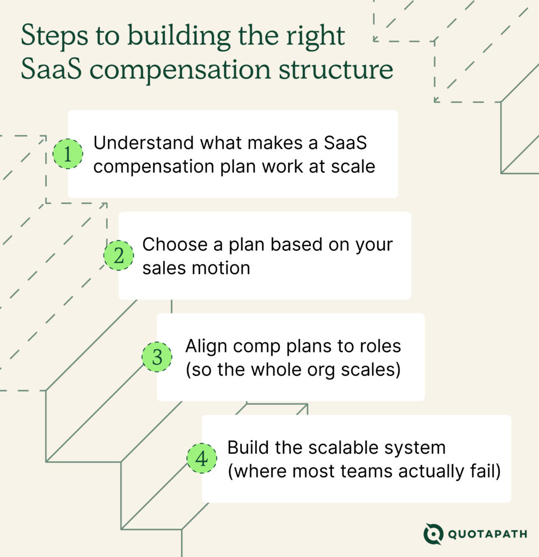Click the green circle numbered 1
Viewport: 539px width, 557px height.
coord(68,154)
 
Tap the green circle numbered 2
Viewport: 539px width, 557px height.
coord(119,256)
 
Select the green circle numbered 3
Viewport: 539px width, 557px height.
coord(157,357)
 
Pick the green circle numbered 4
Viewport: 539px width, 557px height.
coord(201,459)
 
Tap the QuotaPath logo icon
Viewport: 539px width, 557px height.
coord(433,534)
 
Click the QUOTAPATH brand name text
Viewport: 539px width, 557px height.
coord(487,534)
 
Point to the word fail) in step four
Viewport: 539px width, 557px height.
coord(484,471)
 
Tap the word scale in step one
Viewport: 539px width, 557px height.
coord(353,166)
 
